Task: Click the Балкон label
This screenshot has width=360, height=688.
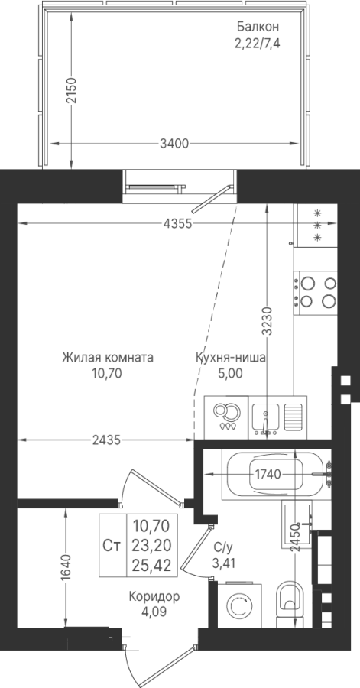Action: [258, 27]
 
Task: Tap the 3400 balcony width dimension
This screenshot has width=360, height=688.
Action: [174, 144]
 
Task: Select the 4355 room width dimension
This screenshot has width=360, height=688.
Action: [177, 224]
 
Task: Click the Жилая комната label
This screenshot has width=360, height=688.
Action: [108, 357]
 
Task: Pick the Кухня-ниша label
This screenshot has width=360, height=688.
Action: [230, 358]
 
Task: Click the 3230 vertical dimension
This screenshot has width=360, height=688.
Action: [268, 321]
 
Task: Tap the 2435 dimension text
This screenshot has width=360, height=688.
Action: [106, 440]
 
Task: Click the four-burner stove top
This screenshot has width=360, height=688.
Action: [316, 293]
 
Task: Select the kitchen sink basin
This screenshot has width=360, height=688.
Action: [266, 417]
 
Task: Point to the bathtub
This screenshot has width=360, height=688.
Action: [276, 475]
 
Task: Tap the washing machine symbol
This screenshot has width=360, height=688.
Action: [239, 605]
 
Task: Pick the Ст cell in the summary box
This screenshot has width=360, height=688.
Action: [112, 545]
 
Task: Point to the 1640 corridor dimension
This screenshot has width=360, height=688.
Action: [66, 569]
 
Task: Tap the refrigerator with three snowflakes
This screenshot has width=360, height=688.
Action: [316, 226]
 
